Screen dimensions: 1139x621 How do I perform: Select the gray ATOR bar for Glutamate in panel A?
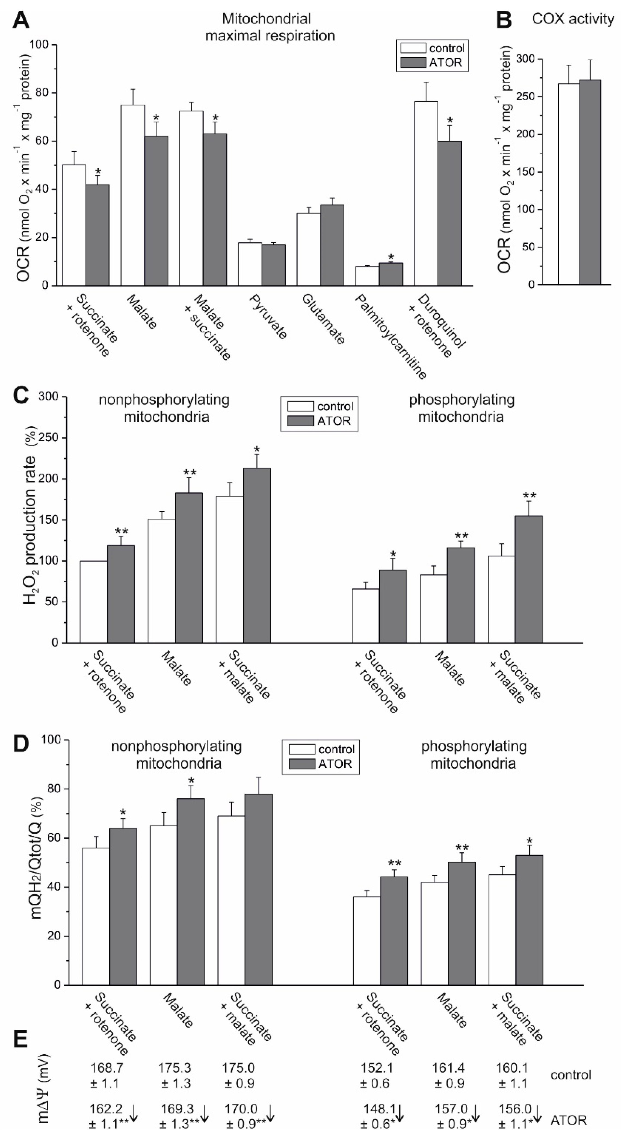(x=332, y=245)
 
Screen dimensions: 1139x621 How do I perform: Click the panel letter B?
(x=504, y=20)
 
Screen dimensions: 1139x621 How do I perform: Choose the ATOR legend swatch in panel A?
(x=413, y=62)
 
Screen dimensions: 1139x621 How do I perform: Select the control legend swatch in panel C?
(x=301, y=406)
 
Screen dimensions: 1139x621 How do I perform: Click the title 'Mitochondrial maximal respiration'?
(x=270, y=27)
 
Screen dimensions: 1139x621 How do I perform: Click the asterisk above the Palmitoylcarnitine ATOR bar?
(x=391, y=257)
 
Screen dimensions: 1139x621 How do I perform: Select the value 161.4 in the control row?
(x=448, y=1067)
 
